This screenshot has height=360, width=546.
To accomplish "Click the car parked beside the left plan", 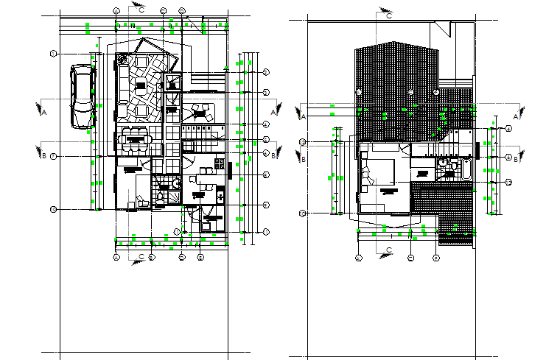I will point(82,96).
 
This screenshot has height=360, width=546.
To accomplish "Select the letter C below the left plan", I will point(141,257).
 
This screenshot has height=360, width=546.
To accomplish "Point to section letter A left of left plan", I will point(43,112).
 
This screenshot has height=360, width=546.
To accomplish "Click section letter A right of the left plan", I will point(274,112).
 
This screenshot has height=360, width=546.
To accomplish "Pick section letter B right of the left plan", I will point(274,155).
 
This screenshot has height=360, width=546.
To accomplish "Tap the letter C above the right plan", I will point(390,15).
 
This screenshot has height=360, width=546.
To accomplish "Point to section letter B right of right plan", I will point(516,158).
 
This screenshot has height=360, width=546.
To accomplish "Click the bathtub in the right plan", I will point(465,169).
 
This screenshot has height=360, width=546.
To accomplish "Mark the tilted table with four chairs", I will point(199,111).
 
